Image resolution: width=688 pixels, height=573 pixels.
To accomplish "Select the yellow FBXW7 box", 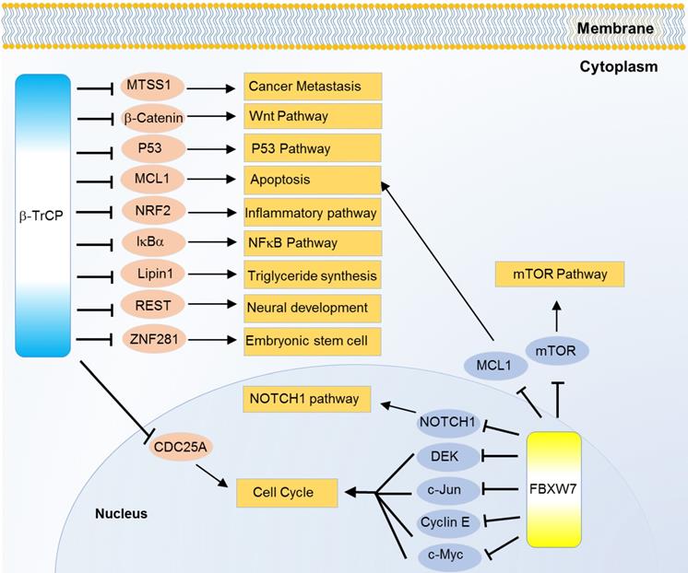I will click(552, 487).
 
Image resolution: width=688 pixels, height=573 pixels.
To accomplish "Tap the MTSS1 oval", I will click(152, 87).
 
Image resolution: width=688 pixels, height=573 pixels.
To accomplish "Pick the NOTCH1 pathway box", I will click(305, 400).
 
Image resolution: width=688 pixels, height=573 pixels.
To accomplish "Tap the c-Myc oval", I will click(446, 555).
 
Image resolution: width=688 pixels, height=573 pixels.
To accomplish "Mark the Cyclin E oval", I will click(446, 521).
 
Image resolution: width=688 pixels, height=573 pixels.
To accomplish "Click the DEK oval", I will click(446, 455).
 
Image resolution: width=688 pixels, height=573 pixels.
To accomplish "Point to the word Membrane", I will click(615, 29).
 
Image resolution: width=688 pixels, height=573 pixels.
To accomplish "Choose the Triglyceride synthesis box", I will click(312, 275).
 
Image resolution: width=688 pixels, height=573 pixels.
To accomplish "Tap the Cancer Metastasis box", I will click(312, 88).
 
